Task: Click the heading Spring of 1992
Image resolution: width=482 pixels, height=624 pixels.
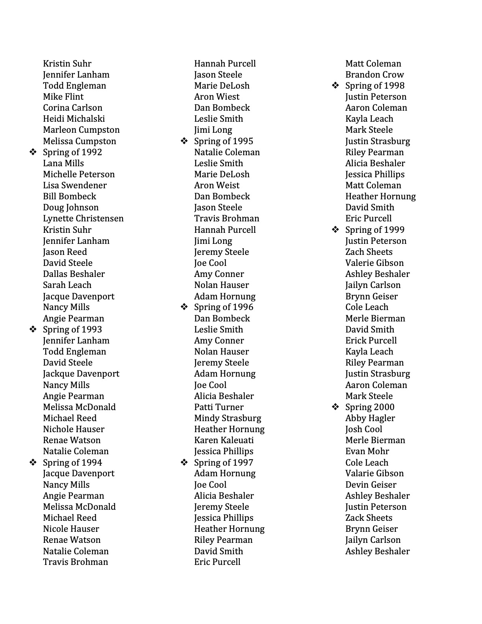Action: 72,152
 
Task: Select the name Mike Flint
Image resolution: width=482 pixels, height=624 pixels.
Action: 63,97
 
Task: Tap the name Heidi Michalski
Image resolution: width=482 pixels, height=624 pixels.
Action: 74,119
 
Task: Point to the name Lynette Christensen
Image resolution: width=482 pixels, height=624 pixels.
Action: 83,219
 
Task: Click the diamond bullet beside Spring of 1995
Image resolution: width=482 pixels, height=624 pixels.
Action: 184,141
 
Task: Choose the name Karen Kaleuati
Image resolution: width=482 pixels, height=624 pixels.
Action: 224,440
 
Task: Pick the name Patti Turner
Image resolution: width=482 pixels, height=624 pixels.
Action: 219,407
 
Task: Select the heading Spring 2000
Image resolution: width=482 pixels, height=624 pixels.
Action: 369,407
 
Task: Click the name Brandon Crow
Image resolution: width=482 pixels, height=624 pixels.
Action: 374,75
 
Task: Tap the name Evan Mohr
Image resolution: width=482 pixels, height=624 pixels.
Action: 367,451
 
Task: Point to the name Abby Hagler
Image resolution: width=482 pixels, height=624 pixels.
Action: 370,418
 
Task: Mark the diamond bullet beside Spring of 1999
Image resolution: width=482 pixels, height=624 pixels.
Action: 335,230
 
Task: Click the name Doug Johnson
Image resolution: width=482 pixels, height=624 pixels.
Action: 70,208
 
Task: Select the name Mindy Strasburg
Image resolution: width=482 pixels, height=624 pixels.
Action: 228,418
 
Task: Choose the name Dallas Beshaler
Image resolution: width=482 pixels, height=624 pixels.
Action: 74,274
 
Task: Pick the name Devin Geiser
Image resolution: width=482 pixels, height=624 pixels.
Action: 371,485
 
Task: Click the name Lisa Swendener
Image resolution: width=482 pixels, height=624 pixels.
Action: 75,186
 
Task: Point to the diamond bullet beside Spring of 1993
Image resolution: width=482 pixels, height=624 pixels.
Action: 33,329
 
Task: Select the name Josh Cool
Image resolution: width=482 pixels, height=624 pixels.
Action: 363,429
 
